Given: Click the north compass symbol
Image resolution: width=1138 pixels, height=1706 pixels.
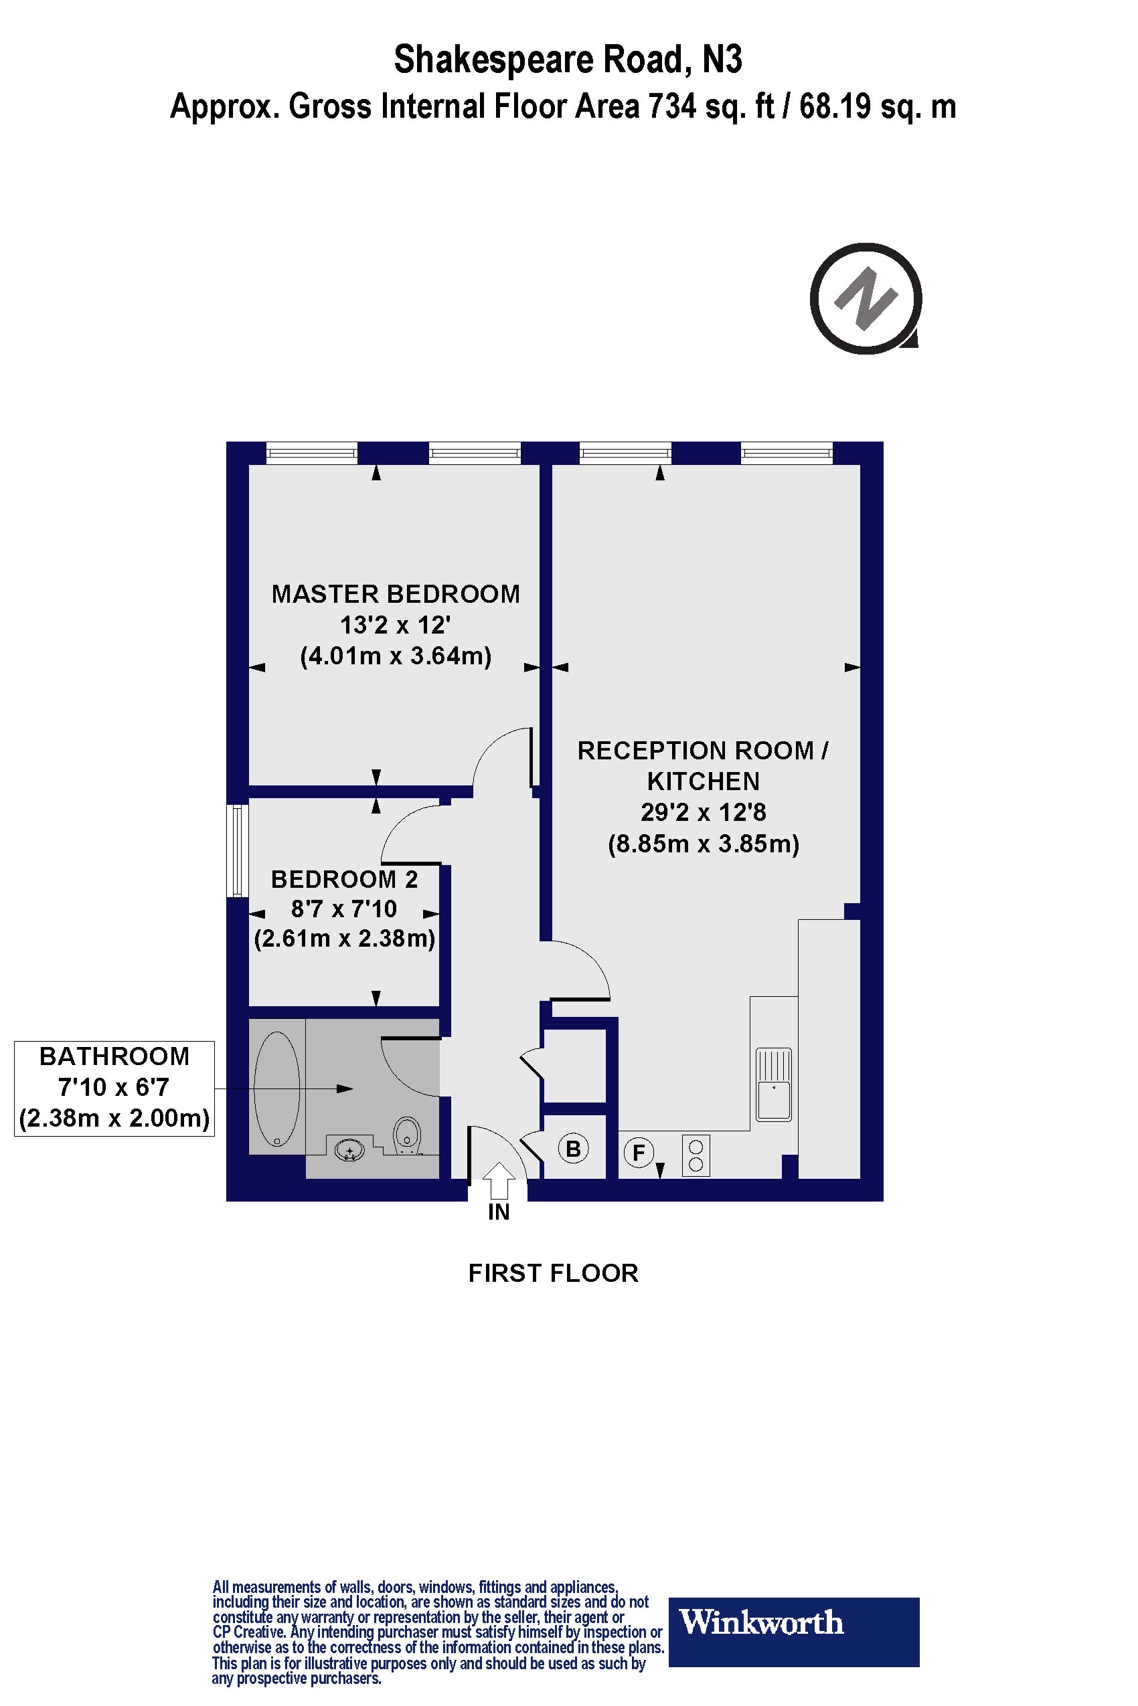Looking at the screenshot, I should pos(865,298).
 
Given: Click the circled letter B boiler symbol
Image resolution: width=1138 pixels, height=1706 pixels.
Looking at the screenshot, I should pos(574,1149).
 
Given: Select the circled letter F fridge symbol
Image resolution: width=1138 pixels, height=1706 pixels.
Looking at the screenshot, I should pos(639,1152).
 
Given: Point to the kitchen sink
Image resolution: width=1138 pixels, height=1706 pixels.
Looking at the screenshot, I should pos(774,1084).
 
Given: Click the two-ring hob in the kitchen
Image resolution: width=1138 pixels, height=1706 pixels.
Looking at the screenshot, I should pos(696,1155).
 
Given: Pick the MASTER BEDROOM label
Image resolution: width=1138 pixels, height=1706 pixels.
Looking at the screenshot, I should pos(396,594).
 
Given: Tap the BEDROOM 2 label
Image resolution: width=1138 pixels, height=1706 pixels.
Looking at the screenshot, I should pos(345,879).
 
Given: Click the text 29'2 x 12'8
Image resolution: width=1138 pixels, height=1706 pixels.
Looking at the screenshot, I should pos(702,812).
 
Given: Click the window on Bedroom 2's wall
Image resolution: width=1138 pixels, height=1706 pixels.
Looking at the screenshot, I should pos(236,851).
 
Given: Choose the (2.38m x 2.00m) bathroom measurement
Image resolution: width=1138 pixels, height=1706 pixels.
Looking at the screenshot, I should pos(114,1118).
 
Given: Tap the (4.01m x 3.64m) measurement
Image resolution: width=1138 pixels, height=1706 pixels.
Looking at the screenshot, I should pos(396,656).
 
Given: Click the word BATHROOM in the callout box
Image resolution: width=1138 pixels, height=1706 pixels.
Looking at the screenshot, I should pos(114,1056).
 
